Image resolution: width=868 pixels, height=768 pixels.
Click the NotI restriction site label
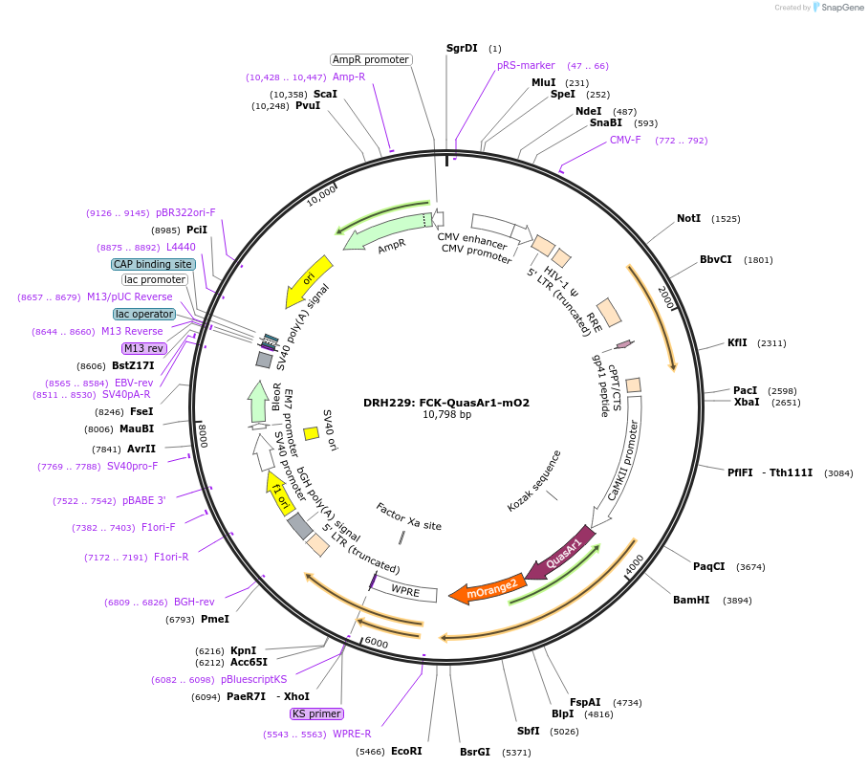click(x=688, y=219)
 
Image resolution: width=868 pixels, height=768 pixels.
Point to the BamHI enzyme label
click(x=691, y=600)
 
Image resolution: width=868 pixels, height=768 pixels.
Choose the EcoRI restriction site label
click(x=406, y=752)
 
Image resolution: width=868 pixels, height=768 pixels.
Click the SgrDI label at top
click(x=462, y=48)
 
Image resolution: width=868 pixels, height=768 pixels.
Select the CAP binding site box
click(x=153, y=264)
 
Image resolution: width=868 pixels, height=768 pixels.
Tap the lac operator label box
click(x=144, y=314)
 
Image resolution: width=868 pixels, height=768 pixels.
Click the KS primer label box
click(x=316, y=713)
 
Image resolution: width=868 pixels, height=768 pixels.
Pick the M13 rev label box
click(x=143, y=348)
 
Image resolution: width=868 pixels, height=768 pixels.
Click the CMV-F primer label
click(x=625, y=141)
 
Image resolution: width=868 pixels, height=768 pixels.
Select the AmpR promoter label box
click(x=371, y=59)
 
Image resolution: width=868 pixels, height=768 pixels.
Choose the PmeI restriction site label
click(x=215, y=619)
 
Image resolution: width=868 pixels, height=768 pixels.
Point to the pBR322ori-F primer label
click(x=185, y=213)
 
